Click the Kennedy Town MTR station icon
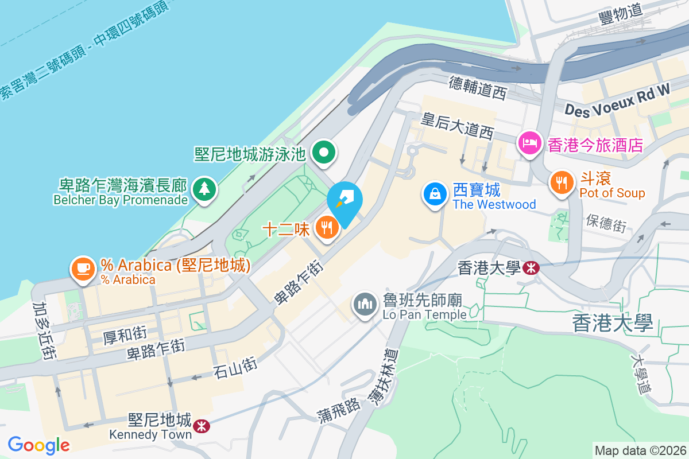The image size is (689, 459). pos(201,426)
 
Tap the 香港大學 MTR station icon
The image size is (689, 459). pos(531,267)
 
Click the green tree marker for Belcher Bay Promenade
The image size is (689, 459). pos(202,188)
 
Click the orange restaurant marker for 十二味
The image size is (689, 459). pos(327,228)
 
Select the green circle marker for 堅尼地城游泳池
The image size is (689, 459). pos(324,153)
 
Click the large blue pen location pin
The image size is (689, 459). pos(345,201)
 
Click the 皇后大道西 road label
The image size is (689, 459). pos(457,126)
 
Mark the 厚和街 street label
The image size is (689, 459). pos(125,333)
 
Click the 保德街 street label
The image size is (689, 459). pos(606,223)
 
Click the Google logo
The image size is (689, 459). pos(38,445)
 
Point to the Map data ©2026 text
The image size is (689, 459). pos(640,450)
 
